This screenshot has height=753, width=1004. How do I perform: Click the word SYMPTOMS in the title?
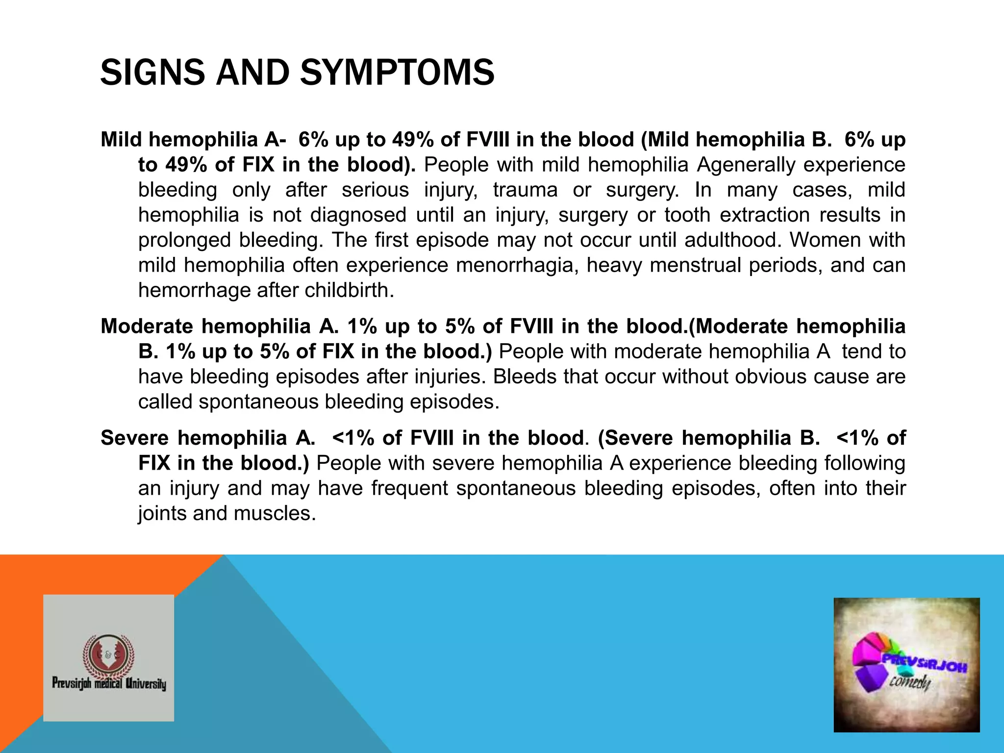click(397, 73)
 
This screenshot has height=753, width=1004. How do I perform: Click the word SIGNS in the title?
click(152, 73)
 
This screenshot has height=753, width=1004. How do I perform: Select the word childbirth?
click(349, 290)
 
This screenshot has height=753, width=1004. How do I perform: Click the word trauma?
click(525, 190)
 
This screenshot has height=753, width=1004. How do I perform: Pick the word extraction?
click(765, 215)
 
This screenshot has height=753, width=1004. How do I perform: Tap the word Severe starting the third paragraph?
click(135, 438)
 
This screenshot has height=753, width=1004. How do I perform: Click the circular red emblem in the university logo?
click(108, 655)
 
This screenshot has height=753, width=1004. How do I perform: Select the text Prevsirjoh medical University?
click(109, 683)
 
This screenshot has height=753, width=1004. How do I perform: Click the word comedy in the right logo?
click(910, 682)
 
